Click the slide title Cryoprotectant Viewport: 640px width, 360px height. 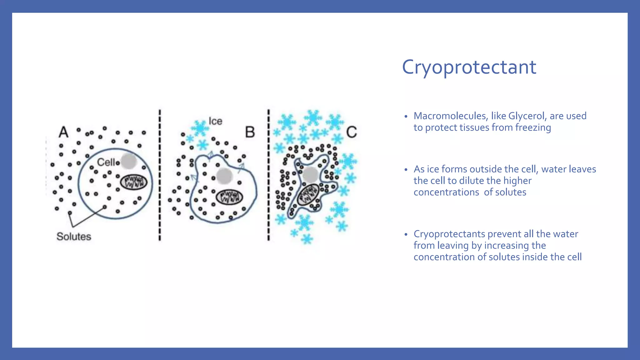tap(469, 67)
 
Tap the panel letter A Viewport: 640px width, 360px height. tap(63, 132)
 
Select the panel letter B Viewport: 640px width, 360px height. tap(250, 132)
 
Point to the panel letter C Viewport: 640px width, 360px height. tap(352, 132)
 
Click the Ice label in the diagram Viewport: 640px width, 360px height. tap(215, 121)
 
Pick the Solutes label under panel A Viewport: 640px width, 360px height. tap(74, 237)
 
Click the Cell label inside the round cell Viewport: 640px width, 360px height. tap(106, 162)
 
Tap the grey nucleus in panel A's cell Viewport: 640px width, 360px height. tap(128, 161)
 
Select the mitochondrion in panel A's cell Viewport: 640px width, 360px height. tap(134, 182)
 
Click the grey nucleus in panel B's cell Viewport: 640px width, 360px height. tap(224, 176)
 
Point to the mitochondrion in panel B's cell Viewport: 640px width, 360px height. tap(230, 197)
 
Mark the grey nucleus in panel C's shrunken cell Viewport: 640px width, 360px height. tap(311, 174)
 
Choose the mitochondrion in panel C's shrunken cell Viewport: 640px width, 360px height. tap(308, 195)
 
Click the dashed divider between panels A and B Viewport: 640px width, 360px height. tap(160, 175)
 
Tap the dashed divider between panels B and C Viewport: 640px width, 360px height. tap(268, 175)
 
